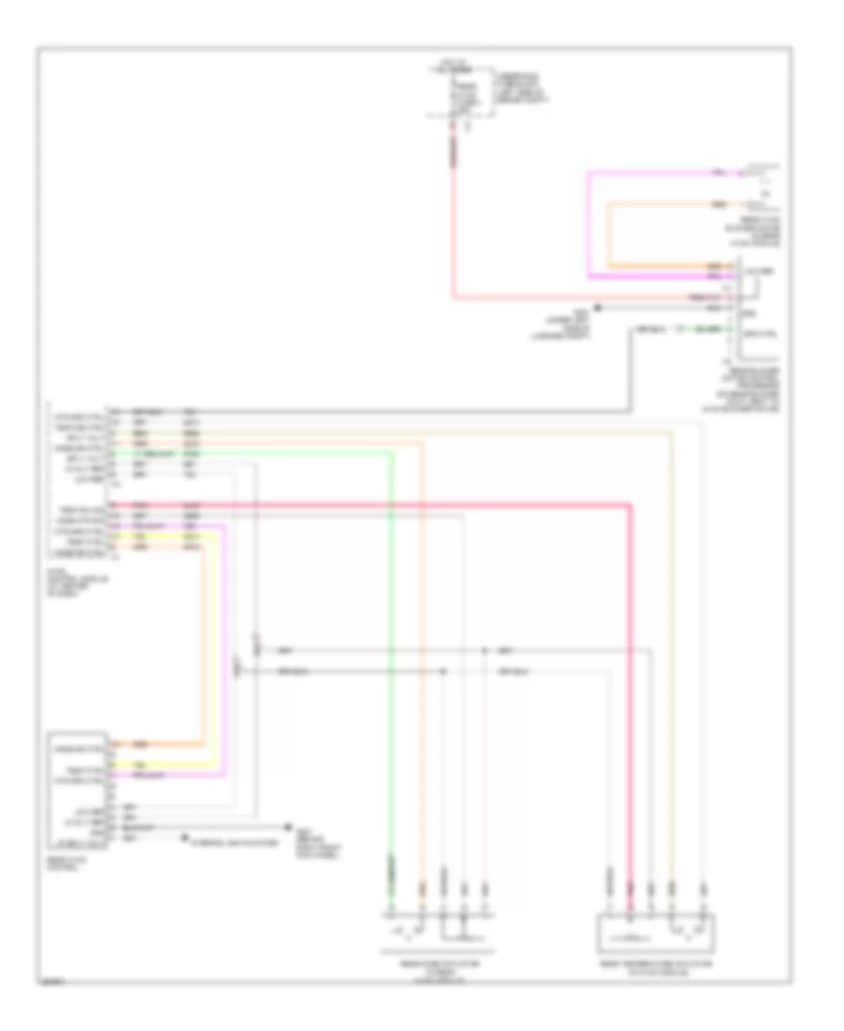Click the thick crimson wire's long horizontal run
(375, 505)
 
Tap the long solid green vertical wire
(390, 656)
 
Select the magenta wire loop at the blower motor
(589, 225)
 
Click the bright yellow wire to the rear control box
(213, 656)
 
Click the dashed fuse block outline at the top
(461, 94)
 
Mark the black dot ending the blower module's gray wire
(598, 306)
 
